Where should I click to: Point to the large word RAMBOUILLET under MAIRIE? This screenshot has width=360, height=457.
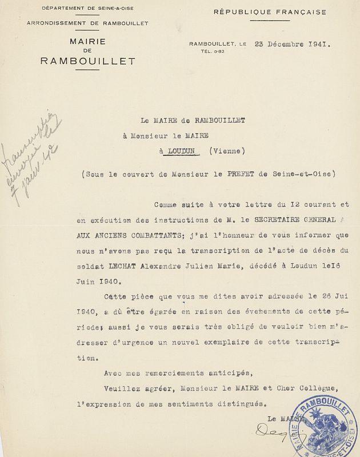coord(87,61)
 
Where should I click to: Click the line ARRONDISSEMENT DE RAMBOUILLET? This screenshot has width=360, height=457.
coord(88,23)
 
